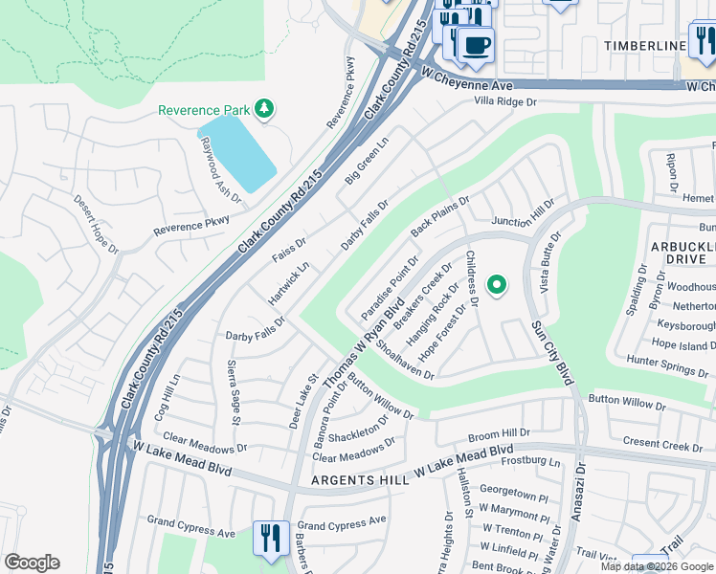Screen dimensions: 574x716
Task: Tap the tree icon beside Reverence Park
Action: click(264, 109)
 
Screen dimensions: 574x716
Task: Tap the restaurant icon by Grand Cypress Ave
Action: click(270, 537)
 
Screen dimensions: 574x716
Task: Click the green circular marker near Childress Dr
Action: click(496, 284)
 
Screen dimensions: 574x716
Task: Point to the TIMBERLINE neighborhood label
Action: click(645, 46)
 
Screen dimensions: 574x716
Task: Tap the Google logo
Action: click(32, 563)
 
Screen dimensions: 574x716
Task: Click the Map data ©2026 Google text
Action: click(657, 566)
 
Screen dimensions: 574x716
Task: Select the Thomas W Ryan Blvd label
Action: click(362, 347)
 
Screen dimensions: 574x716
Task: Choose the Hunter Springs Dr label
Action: click(667, 362)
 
